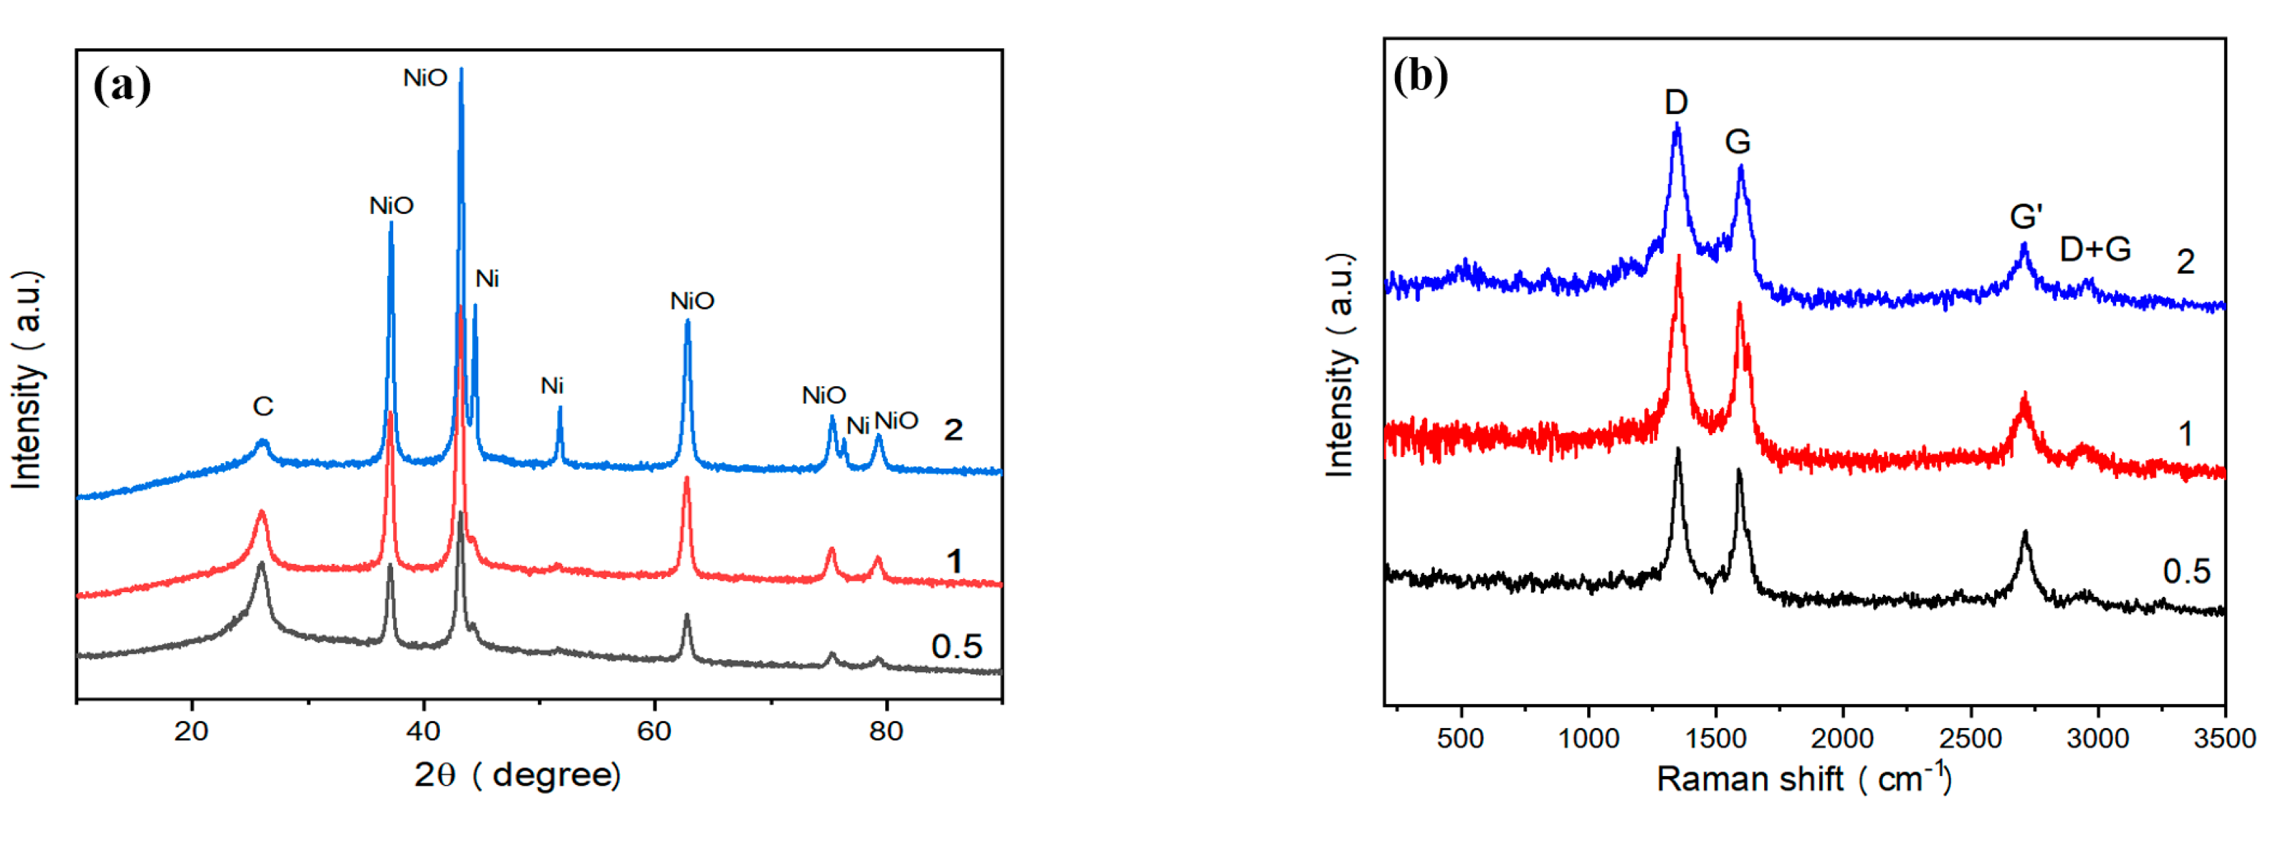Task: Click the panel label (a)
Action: tap(122, 86)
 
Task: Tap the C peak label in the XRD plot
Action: tap(263, 406)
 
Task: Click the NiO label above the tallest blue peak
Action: tap(425, 78)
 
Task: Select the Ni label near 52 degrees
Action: tap(552, 386)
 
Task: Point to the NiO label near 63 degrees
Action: tap(692, 302)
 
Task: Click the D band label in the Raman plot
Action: tap(1676, 103)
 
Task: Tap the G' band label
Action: tap(2026, 216)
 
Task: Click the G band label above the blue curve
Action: tap(1737, 142)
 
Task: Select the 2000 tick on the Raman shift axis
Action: tap(1842, 738)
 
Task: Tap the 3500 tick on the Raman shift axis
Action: tap(2224, 738)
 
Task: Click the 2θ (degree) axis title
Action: tap(517, 775)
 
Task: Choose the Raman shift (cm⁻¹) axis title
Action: tap(1803, 779)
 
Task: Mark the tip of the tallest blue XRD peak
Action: tap(461, 69)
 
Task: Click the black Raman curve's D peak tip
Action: tap(1677, 449)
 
